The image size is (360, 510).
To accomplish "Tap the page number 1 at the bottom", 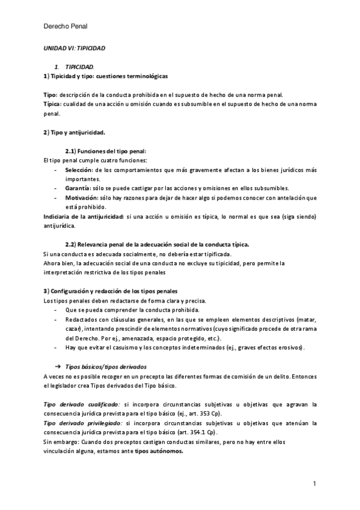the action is (314, 484).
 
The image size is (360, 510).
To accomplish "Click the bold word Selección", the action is (81, 170).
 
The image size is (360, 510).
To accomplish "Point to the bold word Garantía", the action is (81, 188).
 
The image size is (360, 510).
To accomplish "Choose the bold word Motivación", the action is (83, 197).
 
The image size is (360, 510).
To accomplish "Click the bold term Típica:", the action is (53, 104).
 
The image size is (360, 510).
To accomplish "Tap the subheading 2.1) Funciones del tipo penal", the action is (106, 150).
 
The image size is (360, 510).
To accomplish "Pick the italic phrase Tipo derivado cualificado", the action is (81, 405).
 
